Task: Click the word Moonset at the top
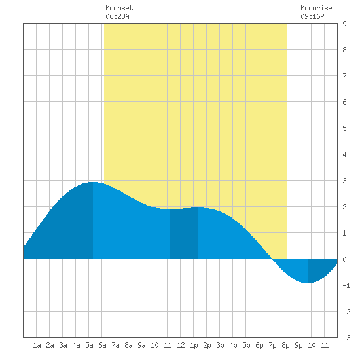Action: (119, 8)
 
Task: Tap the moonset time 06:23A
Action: (117, 16)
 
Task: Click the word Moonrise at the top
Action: (316, 8)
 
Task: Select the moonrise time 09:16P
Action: (312, 16)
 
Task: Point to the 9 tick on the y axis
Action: (344, 24)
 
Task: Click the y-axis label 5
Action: (344, 128)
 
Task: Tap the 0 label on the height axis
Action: (344, 259)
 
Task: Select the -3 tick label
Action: (346, 338)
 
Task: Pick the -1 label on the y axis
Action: (346, 285)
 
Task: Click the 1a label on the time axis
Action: (37, 345)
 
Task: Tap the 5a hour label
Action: (89, 345)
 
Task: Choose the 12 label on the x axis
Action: (181, 345)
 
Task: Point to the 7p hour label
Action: (272, 345)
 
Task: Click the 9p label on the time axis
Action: (298, 345)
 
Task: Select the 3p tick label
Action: (220, 345)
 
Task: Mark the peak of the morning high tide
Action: (92, 182)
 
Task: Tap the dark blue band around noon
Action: (184, 234)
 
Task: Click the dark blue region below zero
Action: (321, 268)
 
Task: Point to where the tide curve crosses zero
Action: (272, 259)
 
